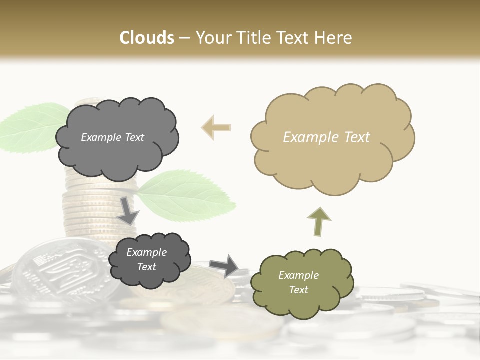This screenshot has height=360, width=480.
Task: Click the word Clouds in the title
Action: tap(147, 38)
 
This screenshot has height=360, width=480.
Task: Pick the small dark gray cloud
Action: tap(148, 260)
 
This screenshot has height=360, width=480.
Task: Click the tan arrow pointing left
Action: tap(216, 127)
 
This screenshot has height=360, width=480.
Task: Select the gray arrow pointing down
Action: tap(128, 210)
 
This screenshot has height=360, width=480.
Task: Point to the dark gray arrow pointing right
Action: tap(224, 265)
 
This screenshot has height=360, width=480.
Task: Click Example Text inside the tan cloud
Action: tap(326, 137)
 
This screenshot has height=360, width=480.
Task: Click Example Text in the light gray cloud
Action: tap(112, 137)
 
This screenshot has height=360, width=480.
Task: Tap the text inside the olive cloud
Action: tap(298, 282)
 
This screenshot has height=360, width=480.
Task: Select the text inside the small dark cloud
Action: tap(146, 259)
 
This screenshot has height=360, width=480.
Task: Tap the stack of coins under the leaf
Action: tap(95, 210)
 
